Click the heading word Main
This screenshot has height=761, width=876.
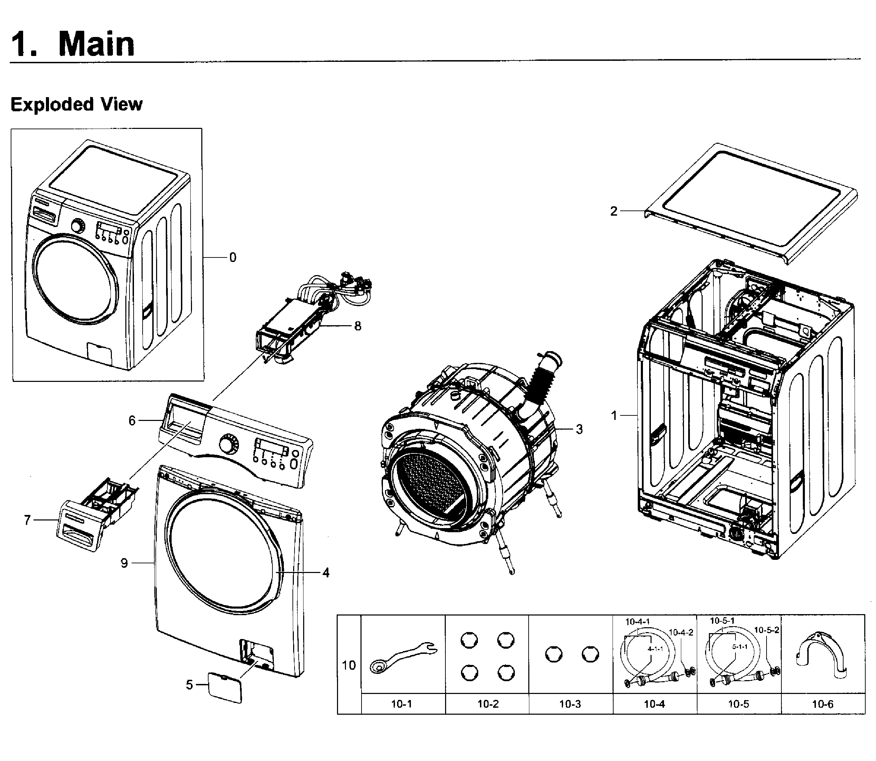coord(96,44)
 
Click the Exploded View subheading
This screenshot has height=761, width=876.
coord(76,104)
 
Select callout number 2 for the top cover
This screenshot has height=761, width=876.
coord(614,212)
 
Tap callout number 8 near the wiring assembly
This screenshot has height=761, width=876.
coord(358,326)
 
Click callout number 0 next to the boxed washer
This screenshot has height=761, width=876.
coord(232,258)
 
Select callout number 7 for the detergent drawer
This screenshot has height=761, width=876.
coord(28,520)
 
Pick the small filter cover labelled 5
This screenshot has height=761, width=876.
coord(225,687)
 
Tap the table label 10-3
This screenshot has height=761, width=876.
coord(570,704)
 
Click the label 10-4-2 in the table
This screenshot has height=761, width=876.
coord(681,633)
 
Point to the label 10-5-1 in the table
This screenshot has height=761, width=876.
coord(722,621)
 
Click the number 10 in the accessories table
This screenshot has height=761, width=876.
coord(349,666)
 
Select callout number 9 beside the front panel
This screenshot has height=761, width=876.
coord(124,563)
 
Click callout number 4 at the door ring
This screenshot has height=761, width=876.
coord(325,573)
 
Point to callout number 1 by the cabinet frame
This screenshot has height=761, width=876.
coord(614,415)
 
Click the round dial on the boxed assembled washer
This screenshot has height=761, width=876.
coord(78,226)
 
